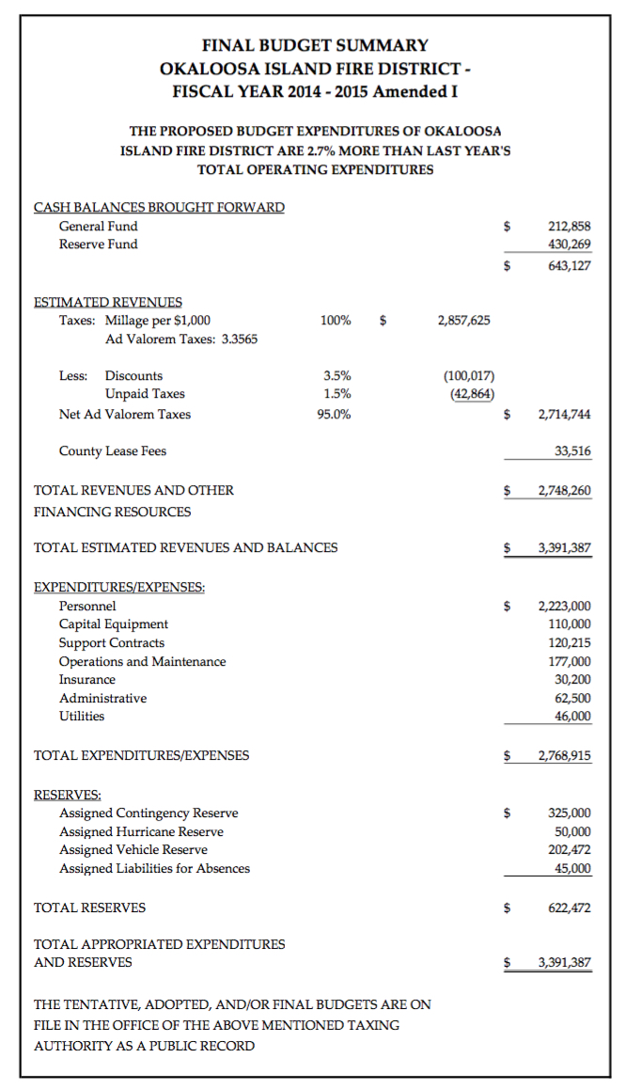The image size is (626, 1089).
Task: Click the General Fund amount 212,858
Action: click(569, 226)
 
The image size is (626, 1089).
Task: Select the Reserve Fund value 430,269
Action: click(569, 245)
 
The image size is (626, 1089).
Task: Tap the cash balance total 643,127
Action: click(569, 265)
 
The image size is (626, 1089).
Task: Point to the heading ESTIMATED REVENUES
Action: click(108, 302)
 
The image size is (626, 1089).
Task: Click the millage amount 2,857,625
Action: click(463, 321)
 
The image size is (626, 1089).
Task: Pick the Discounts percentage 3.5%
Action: click(336, 375)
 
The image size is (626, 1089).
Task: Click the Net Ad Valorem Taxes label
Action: click(124, 414)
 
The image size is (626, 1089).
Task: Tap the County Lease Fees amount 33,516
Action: click(572, 451)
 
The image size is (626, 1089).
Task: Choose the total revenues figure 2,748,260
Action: click(564, 491)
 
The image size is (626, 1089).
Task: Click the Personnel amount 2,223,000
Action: click(564, 607)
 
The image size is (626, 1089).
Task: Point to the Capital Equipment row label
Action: click(114, 624)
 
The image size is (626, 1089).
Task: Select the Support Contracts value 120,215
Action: click(569, 643)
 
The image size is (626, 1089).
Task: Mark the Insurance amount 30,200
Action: click(572, 680)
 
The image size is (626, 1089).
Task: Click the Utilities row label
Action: click(82, 717)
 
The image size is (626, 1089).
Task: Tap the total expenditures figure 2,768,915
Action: click(564, 755)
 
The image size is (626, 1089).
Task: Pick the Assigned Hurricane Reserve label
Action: click(141, 831)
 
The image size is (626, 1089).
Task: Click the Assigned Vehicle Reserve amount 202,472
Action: click(569, 850)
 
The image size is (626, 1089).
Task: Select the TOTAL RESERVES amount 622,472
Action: click(569, 908)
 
